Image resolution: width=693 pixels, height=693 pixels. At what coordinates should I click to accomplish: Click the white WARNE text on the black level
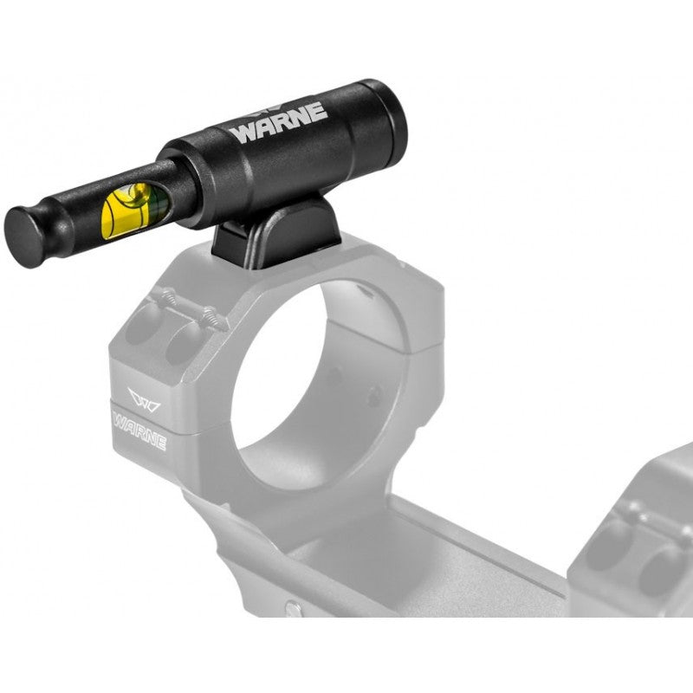point(278,123)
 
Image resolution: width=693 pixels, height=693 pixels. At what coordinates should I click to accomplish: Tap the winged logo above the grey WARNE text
point(142,399)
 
